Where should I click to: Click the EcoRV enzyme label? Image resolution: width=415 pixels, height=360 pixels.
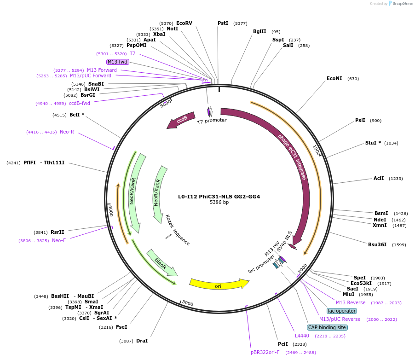point(184,23)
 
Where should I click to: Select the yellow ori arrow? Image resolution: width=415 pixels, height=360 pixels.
point(219,284)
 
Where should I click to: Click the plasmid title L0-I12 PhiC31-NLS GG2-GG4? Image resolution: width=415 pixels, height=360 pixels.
point(219,197)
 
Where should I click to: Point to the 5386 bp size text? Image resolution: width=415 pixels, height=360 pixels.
point(219,203)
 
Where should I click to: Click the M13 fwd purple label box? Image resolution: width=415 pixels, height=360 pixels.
point(117,62)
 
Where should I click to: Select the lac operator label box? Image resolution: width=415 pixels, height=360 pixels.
point(341,311)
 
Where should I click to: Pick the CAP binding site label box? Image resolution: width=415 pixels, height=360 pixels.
point(327,327)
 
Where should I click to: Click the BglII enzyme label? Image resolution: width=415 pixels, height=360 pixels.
point(259,32)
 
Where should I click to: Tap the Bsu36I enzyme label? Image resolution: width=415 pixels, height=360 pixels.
point(377,244)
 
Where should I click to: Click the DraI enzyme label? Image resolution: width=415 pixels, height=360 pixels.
point(142,341)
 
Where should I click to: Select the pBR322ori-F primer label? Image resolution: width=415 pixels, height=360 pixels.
point(265,352)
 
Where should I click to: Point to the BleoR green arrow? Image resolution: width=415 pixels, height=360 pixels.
point(161,263)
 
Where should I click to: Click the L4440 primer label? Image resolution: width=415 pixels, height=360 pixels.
point(302,336)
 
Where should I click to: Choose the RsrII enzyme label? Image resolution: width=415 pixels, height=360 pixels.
point(58,232)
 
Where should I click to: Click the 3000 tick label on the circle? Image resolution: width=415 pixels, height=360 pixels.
point(188,303)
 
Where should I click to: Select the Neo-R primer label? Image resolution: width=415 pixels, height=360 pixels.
point(67,132)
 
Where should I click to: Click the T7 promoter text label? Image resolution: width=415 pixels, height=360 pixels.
point(212,121)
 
